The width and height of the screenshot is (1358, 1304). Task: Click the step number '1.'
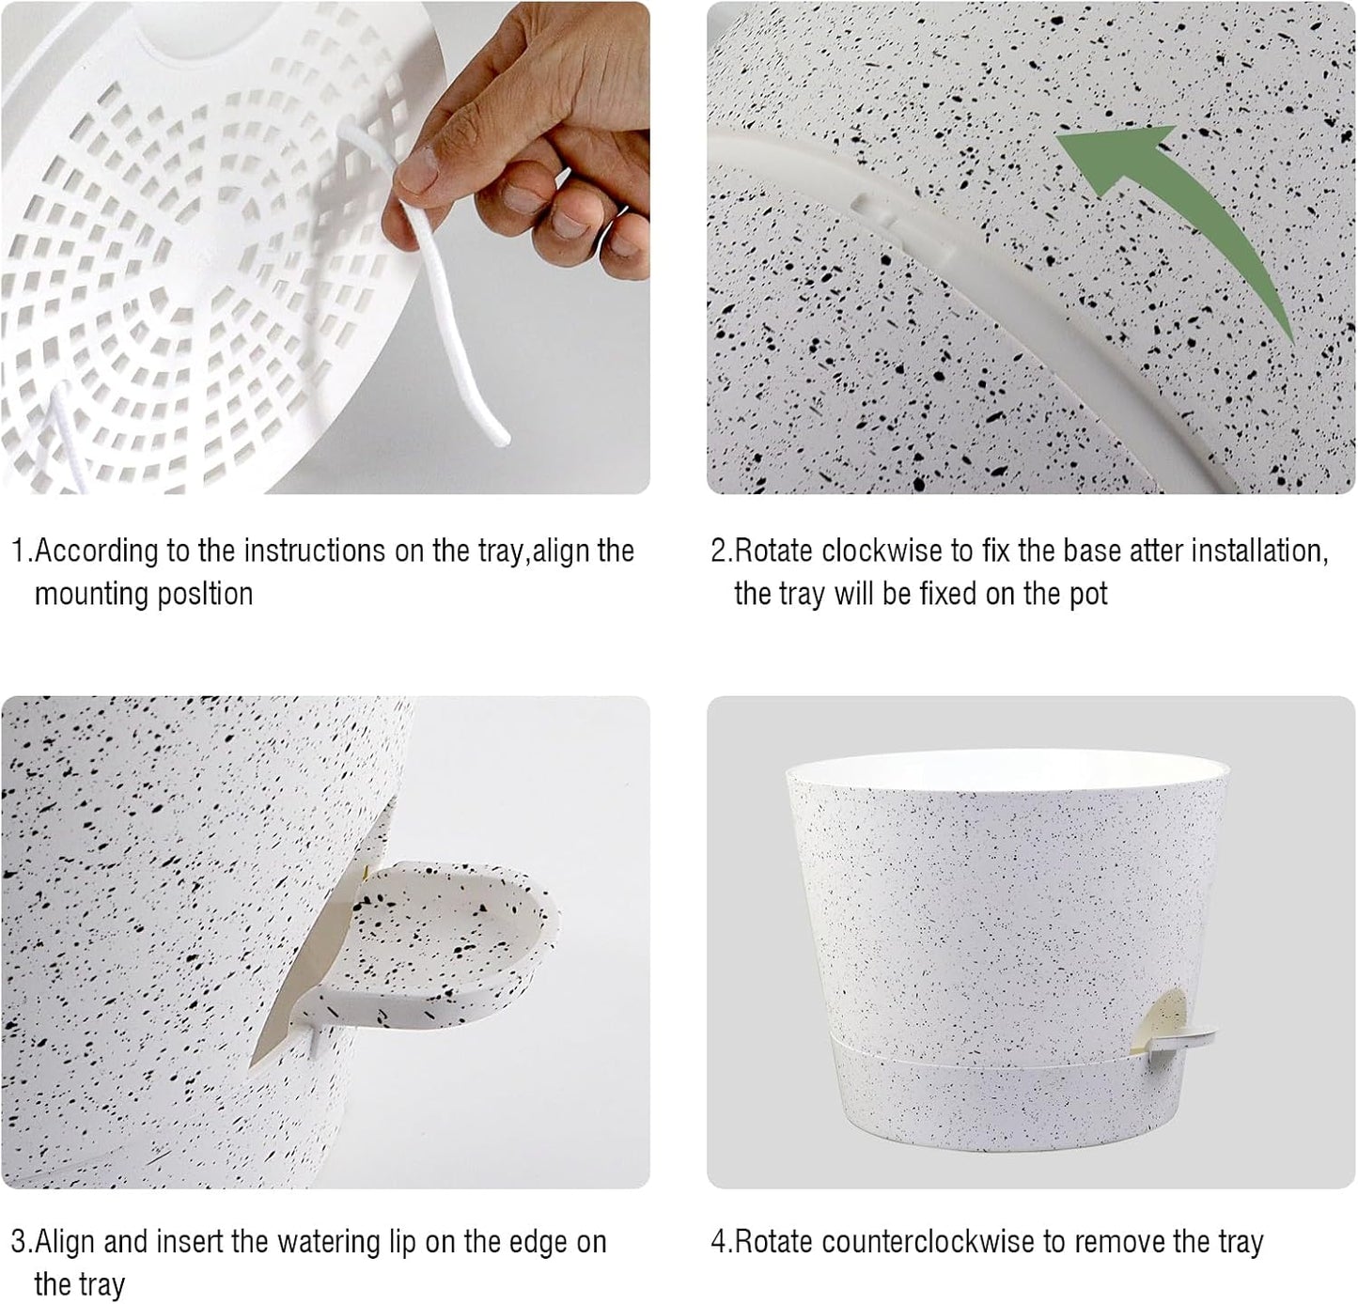coord(21,551)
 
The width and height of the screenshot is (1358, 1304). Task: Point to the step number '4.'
coord(721,1242)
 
